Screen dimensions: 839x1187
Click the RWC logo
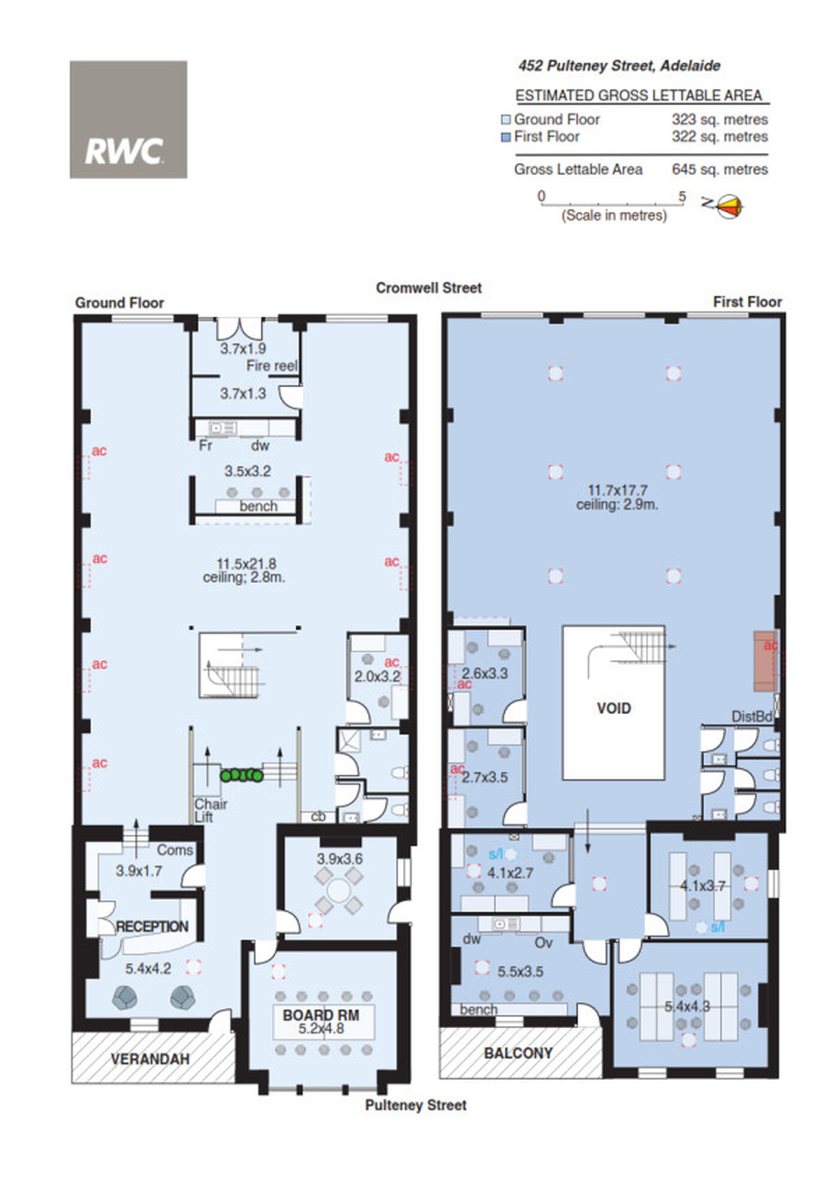click(x=128, y=119)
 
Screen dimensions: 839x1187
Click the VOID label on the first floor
click(x=614, y=709)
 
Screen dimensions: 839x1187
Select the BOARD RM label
click(x=321, y=1015)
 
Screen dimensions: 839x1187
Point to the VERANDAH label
click(x=150, y=1059)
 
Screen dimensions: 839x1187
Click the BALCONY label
click(x=518, y=1053)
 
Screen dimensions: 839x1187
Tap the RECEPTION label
click(x=152, y=926)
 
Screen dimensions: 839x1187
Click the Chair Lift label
click(x=210, y=810)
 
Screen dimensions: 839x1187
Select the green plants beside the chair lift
click(x=242, y=775)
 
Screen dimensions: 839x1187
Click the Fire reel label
click(x=272, y=366)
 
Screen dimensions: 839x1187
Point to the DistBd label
click(x=752, y=716)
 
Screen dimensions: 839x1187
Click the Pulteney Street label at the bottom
click(x=416, y=1105)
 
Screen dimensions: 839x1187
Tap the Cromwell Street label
click(x=428, y=288)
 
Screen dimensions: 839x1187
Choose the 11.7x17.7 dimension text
click(x=617, y=490)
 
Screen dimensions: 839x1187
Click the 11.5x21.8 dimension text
click(x=246, y=564)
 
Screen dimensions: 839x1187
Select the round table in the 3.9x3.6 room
click(x=339, y=890)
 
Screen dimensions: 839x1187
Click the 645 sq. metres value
click(x=720, y=170)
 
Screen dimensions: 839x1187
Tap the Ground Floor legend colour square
click(x=506, y=120)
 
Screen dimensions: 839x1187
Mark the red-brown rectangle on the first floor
click(x=765, y=661)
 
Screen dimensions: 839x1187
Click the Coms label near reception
click(x=175, y=850)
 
